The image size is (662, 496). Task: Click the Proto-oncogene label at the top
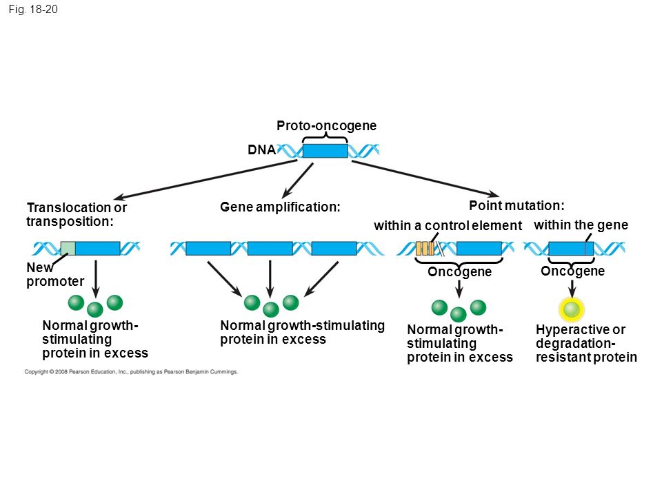(x=326, y=125)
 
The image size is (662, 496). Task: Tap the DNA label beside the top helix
(x=261, y=149)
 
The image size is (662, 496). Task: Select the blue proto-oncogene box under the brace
(x=325, y=151)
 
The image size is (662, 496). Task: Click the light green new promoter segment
(x=68, y=249)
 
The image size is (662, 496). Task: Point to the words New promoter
(x=55, y=275)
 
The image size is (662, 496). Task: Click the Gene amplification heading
(x=280, y=207)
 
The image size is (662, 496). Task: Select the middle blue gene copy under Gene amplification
(x=270, y=249)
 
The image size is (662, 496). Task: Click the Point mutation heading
(x=516, y=205)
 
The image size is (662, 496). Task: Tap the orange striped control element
(x=425, y=249)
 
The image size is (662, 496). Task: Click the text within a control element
(x=448, y=226)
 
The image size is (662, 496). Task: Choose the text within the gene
(x=581, y=225)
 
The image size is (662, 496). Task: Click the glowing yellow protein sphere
(x=572, y=309)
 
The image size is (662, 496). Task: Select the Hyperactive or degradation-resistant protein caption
(x=586, y=343)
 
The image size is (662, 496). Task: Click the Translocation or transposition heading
(x=77, y=214)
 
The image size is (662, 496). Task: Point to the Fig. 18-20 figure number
(x=33, y=9)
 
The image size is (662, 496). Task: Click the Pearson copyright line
(x=131, y=371)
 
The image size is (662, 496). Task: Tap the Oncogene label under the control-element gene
(x=459, y=271)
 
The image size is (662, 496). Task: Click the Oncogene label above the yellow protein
(x=572, y=271)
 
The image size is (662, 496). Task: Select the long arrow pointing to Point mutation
(x=425, y=179)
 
